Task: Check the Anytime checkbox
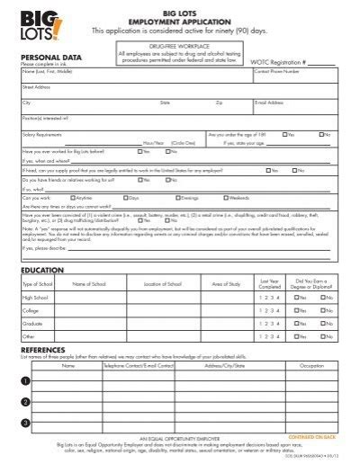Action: (x=76, y=197)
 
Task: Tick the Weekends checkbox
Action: (x=226, y=197)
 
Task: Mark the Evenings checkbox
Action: (x=176, y=197)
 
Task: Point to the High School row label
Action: (x=35, y=298)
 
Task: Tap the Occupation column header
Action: (x=311, y=367)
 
